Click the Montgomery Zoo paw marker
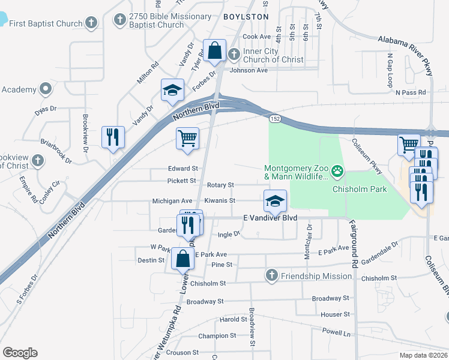(338, 171)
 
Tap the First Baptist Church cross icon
(91, 23)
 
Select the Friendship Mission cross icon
(271, 275)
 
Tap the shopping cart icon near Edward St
(187, 138)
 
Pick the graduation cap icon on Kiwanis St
(274, 200)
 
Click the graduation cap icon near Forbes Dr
(172, 90)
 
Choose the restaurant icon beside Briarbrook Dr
(113, 137)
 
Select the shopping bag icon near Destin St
(182, 259)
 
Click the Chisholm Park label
(360, 189)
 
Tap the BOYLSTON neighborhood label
(246, 17)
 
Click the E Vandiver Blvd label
(270, 218)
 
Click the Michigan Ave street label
(172, 200)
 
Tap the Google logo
(20, 353)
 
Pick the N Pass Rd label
(411, 92)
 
